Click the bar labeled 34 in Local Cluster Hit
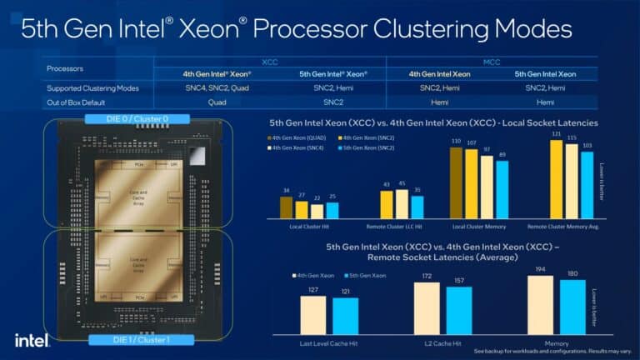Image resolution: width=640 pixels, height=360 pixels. pos(286,207)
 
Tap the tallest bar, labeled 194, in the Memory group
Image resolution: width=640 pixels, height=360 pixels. pos(540,305)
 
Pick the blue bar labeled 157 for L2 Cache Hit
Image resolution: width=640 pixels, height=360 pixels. pos(458,310)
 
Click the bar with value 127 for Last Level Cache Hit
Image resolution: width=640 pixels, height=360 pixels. pos(313,314)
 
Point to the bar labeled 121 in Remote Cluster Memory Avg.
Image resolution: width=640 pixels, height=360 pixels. pos(556,179)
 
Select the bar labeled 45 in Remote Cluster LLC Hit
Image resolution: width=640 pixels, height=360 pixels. pos(402,203)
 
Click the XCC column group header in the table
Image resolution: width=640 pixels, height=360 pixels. pos(269,62)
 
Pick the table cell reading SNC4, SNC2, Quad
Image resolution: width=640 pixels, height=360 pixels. pos(217,87)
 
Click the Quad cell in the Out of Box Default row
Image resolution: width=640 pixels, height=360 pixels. pos(217,102)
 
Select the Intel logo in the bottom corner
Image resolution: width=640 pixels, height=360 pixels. pos(32,339)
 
